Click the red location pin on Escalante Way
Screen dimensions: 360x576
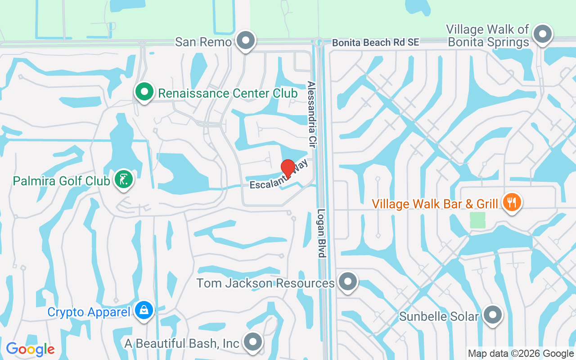[x=288, y=169]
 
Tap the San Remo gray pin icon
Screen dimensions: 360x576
[x=245, y=40]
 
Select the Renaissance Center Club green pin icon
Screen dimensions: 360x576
[x=144, y=92]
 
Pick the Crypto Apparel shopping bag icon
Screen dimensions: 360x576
[x=144, y=310]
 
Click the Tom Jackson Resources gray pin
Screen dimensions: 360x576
[x=347, y=282]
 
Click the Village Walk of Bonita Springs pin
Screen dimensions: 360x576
[x=542, y=34]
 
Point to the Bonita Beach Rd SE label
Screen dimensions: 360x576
[x=376, y=42]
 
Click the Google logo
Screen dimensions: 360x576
[x=30, y=349]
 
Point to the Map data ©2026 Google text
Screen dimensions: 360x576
[x=521, y=354]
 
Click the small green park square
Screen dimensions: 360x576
[x=477, y=220]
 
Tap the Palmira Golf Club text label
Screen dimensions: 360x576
[x=62, y=181]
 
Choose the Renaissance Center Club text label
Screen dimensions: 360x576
[x=228, y=93]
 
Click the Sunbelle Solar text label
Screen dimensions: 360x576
[x=439, y=316]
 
